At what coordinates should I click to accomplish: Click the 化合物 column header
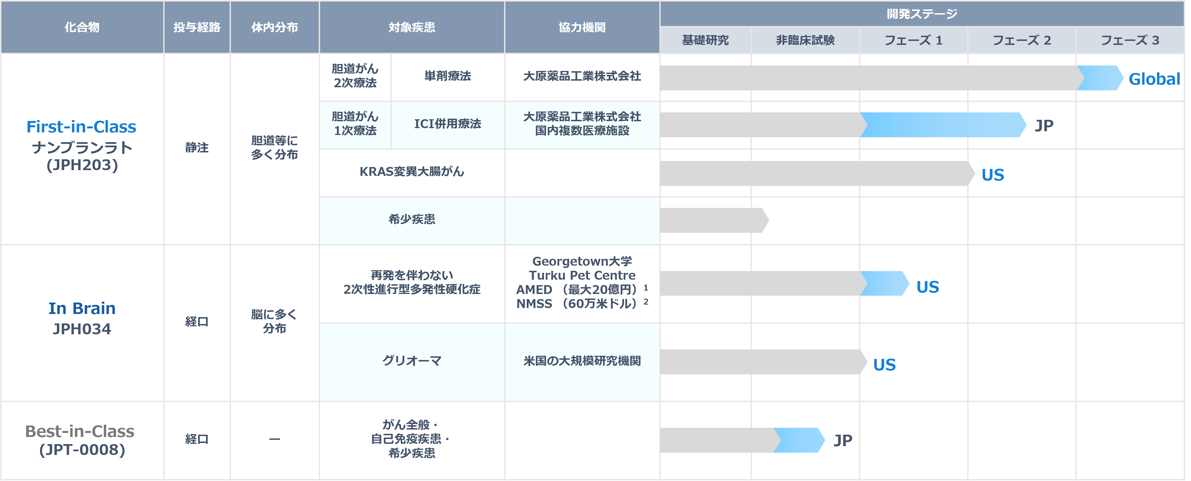(82, 27)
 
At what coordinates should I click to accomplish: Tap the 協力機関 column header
(581, 27)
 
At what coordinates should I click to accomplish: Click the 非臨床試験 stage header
(805, 40)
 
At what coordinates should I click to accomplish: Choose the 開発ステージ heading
(921, 14)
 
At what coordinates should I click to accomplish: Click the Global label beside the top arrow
(1154, 79)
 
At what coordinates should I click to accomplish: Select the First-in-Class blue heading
(81, 127)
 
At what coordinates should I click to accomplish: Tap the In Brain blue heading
(82, 308)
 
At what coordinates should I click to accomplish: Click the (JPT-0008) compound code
(82, 450)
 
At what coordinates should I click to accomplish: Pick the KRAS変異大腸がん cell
(411, 172)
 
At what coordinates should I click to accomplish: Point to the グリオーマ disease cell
(411, 361)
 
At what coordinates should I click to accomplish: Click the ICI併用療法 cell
(447, 124)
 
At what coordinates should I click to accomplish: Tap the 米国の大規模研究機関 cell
(581, 361)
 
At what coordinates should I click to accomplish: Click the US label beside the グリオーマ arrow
(884, 365)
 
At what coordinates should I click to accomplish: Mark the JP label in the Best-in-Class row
(843, 440)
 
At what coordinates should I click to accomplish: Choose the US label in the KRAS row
(993, 175)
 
